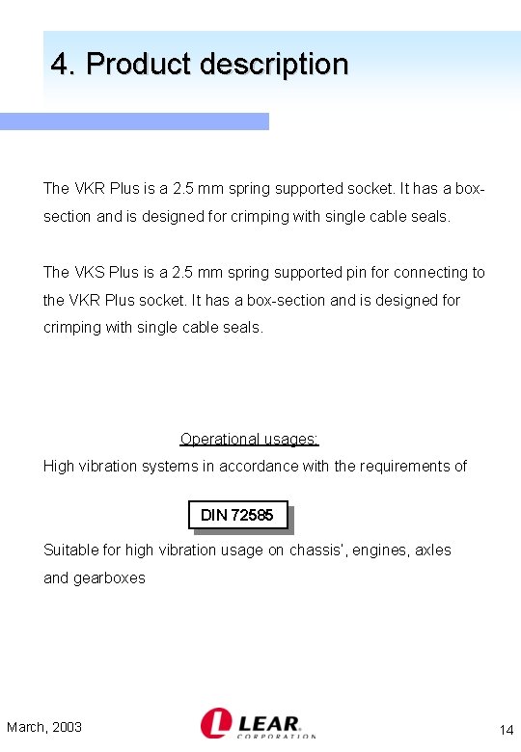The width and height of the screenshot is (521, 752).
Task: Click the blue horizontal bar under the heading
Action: [x=134, y=121]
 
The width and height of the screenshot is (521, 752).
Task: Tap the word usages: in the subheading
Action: [x=288, y=439]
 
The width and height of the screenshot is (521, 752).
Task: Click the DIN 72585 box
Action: [x=238, y=515]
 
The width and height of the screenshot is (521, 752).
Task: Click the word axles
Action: [x=433, y=551]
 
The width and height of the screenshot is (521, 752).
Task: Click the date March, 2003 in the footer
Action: [x=44, y=727]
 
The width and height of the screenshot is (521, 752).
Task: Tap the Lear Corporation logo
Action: [x=258, y=723]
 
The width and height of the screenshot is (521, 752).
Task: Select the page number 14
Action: [x=507, y=729]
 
